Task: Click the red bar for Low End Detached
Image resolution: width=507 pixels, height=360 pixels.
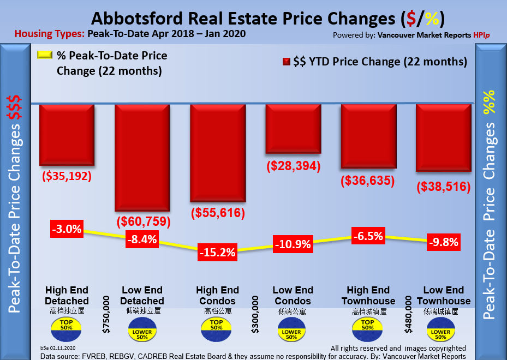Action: click(142, 157)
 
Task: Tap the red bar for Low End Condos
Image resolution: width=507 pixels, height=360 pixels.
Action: click(293, 129)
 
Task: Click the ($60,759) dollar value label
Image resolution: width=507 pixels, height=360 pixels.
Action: click(144, 222)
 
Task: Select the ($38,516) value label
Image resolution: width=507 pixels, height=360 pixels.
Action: click(444, 187)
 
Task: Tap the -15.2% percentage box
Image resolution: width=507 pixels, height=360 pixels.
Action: click(217, 252)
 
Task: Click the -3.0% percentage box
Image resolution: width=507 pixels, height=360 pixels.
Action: click(67, 229)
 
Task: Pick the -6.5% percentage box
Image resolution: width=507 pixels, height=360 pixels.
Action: click(367, 236)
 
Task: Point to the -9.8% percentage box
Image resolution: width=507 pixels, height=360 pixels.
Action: click(443, 242)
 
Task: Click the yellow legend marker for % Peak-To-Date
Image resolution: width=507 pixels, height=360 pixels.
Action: click(44, 55)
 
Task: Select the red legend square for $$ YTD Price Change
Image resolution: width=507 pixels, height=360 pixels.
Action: click(286, 62)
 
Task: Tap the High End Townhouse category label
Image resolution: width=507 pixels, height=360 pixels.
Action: click(368, 296)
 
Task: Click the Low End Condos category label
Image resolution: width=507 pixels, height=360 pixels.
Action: click(293, 296)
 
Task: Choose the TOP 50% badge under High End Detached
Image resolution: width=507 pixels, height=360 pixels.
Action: click(67, 327)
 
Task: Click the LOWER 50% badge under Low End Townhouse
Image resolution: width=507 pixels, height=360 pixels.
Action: click(443, 332)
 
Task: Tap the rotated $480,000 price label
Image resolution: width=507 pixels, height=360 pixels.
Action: click(407, 314)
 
